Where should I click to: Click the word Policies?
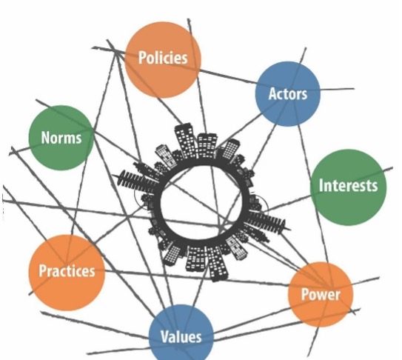tap(163, 58)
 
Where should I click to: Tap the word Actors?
tap(288, 93)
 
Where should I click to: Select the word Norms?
tap(61, 138)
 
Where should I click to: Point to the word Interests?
tap(348, 185)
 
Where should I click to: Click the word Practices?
tap(67, 271)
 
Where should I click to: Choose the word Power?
tap(321, 294)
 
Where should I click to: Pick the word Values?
tap(181, 336)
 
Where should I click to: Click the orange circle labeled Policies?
tap(163, 60)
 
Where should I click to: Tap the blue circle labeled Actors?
tap(288, 93)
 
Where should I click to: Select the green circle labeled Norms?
tap(61, 138)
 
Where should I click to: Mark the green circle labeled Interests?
tap(348, 187)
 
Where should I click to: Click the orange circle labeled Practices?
tap(67, 273)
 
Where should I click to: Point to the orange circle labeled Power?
tap(321, 295)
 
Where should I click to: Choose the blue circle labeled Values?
tap(181, 333)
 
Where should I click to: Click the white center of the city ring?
tap(204, 203)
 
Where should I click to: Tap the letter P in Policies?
tap(142, 58)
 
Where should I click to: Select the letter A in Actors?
tap(272, 93)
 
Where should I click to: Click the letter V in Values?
tap(164, 336)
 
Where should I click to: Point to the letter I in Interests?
tap(321, 185)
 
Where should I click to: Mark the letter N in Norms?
tap(45, 138)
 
